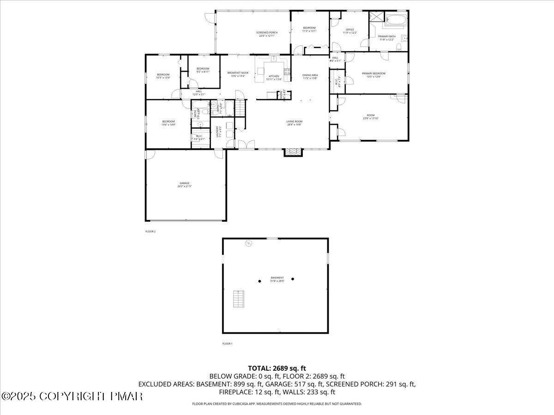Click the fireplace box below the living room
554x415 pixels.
pyautogui.click(x=292, y=152)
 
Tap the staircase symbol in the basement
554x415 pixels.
pyautogui.click(x=238, y=299)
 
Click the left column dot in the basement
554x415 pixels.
pyautogui.click(x=260, y=281)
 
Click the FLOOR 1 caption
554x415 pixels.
pyautogui.click(x=227, y=344)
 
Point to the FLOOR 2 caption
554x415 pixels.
pyautogui.click(x=151, y=231)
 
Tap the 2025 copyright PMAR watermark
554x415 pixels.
pyautogui.click(x=72, y=396)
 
